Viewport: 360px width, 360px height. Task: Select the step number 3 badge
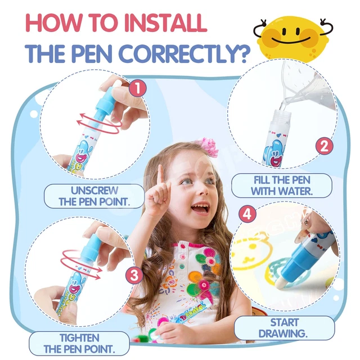(x=133, y=275)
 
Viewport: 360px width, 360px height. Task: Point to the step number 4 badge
(x=246, y=214)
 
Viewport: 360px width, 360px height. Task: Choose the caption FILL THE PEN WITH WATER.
(x=273, y=186)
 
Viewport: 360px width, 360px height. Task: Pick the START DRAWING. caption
(x=284, y=328)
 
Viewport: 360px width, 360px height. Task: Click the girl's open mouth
(x=199, y=210)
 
